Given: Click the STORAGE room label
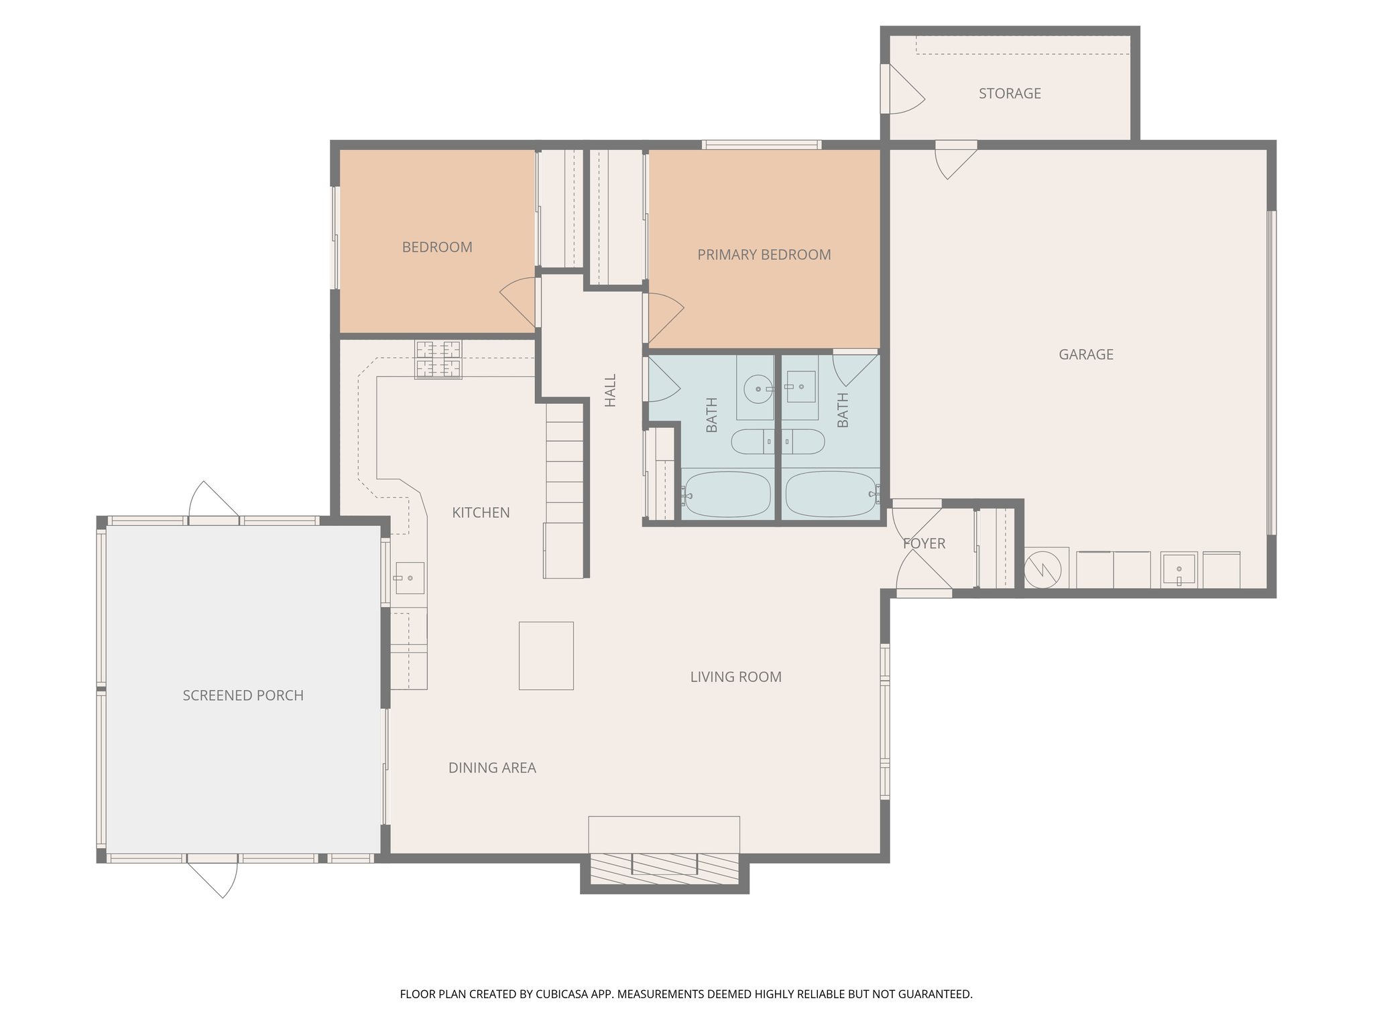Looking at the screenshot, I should point(1009,94).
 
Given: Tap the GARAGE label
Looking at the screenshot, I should point(1085,354).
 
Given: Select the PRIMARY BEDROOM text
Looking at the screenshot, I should point(764,255).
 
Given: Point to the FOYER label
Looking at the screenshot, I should point(924,543).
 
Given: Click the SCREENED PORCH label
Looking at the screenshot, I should point(243,695).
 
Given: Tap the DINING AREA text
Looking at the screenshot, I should point(491,768).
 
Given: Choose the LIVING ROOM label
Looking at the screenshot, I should point(735,677).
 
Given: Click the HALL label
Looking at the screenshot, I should point(610,391).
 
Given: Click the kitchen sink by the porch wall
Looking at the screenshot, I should point(408,577).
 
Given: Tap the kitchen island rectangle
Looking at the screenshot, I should point(546,655).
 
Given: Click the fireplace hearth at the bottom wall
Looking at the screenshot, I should point(664,864).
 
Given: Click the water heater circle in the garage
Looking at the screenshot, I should point(1042,569).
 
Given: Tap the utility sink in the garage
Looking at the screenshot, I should point(1179,569).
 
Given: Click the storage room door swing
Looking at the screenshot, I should point(905,90).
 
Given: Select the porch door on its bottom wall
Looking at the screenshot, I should point(213,874).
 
